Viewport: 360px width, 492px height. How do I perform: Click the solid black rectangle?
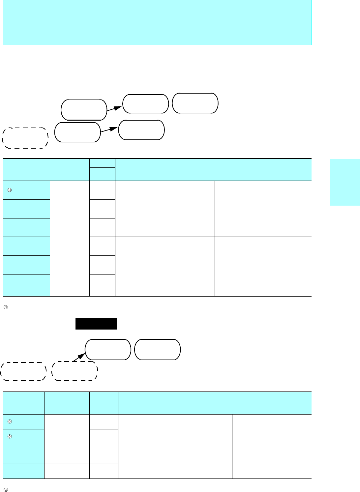click(x=96, y=324)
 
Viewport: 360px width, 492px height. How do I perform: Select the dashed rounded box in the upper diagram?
click(x=25, y=138)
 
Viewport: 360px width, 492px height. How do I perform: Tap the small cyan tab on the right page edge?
click(x=345, y=182)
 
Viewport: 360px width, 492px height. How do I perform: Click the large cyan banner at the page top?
click(x=157, y=22)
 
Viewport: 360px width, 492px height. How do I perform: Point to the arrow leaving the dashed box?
click(x=78, y=358)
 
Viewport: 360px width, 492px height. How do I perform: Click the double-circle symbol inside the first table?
click(x=10, y=190)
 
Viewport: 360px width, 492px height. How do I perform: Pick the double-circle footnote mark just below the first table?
click(x=6, y=307)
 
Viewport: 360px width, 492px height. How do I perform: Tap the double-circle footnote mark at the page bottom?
click(x=6, y=490)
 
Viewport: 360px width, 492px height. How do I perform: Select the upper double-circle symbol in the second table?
click(x=10, y=421)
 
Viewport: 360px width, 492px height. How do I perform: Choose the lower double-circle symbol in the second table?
click(x=10, y=436)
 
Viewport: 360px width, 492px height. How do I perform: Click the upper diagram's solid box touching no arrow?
click(x=195, y=103)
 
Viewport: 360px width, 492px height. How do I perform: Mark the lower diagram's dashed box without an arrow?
click(x=23, y=371)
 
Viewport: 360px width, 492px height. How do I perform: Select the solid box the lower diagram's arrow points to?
click(x=108, y=350)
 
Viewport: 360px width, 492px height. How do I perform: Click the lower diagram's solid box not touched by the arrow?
click(x=158, y=350)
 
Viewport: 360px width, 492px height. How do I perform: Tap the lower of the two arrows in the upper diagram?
click(x=109, y=130)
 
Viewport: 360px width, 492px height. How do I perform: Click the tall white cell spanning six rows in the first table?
click(x=70, y=238)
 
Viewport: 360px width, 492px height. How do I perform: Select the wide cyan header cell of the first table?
click(x=213, y=170)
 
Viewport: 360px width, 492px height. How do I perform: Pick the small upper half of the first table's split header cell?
click(x=102, y=163)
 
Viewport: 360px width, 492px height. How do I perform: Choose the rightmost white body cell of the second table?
click(x=272, y=446)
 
